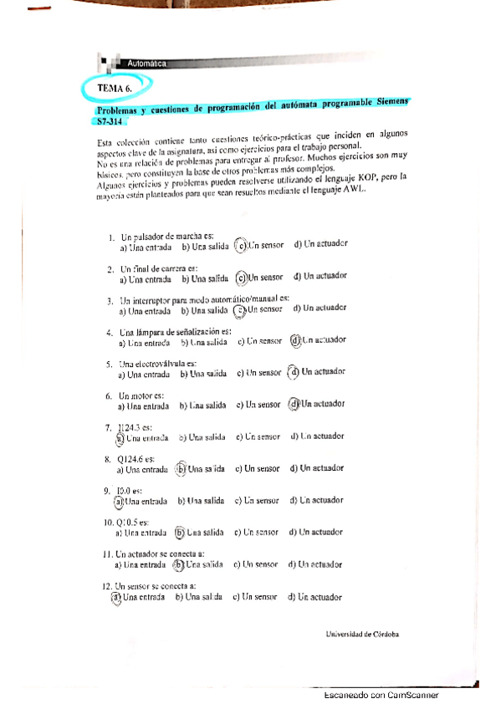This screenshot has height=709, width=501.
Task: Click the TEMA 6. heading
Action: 115,88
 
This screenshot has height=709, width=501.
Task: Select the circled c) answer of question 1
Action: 241,245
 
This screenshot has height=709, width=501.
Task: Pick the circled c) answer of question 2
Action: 241,278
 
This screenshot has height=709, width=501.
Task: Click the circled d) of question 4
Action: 294,340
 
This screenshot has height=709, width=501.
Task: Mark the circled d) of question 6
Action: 294,405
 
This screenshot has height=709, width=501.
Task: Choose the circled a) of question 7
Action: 120,436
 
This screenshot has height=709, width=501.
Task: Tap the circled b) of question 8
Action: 181,469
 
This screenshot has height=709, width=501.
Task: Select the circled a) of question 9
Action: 119,501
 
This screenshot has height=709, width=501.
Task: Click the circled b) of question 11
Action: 177,564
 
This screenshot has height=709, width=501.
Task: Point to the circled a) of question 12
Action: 116,597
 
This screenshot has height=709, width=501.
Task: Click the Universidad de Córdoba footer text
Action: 362,634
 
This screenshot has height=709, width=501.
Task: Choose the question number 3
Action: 110,299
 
